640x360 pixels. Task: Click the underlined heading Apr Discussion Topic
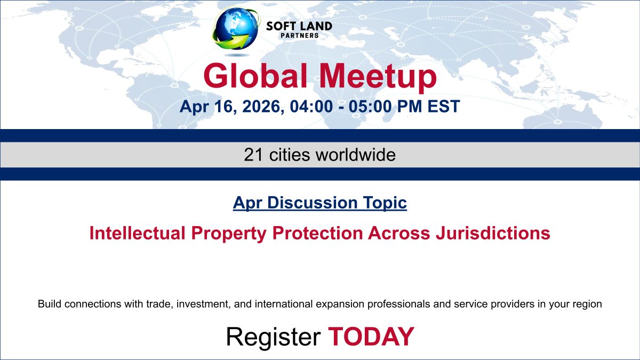(x=320, y=203)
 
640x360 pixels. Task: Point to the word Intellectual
(x=135, y=234)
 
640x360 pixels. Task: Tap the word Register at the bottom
(x=273, y=336)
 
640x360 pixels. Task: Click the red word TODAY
(x=371, y=336)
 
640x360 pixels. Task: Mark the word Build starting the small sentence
(x=48, y=305)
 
